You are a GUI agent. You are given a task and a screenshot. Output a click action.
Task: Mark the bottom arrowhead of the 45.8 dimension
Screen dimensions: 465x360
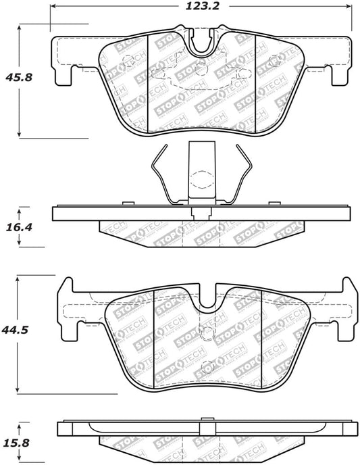pos(20,133)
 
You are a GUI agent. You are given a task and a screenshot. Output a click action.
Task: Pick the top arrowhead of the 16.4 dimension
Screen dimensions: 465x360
pos(20,208)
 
